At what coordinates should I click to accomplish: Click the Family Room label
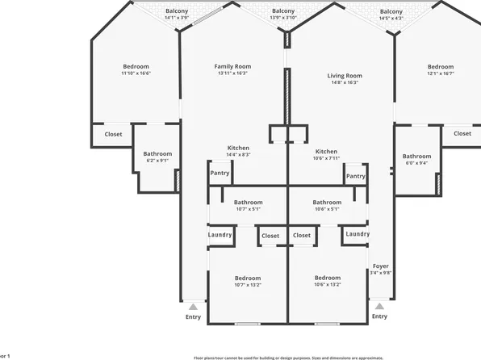[x=232, y=66]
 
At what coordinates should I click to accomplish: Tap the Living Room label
[x=345, y=76]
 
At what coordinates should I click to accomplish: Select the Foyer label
[x=380, y=266]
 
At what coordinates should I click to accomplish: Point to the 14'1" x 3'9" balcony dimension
[x=176, y=17]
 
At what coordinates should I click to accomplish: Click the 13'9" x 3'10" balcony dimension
[x=283, y=17]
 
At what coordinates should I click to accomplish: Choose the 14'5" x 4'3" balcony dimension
[x=391, y=17]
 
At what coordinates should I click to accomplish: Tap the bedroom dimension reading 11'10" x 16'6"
[x=136, y=73]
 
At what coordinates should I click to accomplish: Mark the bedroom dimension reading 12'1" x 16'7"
[x=440, y=73]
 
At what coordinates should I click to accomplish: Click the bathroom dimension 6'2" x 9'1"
[x=157, y=160]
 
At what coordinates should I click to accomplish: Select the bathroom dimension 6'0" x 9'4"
[x=416, y=162]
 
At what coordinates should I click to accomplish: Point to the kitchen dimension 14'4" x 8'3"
[x=238, y=154]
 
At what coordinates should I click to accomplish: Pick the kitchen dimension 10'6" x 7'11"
[x=326, y=158]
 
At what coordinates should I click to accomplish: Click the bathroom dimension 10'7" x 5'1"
[x=248, y=209]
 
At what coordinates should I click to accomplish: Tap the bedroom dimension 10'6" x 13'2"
[x=327, y=284]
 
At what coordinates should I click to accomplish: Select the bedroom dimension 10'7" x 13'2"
[x=248, y=284]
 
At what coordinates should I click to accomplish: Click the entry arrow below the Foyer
[x=379, y=306]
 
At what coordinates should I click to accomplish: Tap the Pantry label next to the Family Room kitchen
[x=220, y=173]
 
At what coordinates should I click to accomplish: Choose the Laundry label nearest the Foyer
[x=357, y=234]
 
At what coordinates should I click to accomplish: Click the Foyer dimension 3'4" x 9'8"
[x=380, y=273]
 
